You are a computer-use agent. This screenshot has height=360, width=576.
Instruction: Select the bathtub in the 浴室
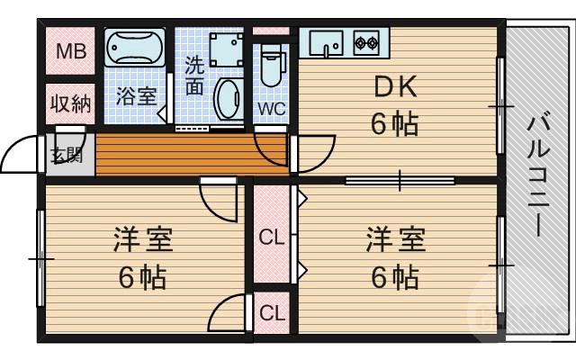tap(135, 47)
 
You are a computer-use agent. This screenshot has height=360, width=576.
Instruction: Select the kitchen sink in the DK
tap(326, 42)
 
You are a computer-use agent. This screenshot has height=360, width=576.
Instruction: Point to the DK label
tap(395, 87)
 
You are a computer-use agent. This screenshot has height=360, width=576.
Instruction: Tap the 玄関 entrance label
tap(67, 154)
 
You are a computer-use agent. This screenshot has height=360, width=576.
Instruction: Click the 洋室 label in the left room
tap(142, 241)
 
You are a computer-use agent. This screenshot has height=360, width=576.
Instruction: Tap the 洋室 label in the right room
tap(395, 241)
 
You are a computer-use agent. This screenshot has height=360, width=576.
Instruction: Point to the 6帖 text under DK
tap(395, 123)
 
